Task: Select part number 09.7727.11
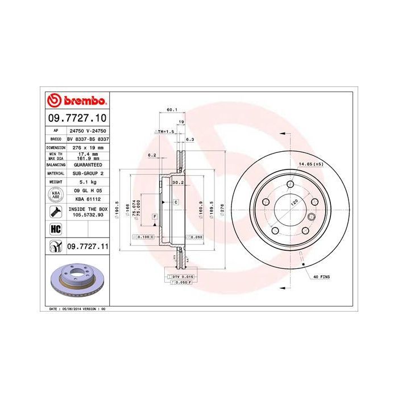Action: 87,246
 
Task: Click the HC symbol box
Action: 56,229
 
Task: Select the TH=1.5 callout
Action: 164,131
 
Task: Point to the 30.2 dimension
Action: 177,183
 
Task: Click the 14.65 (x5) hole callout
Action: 310,164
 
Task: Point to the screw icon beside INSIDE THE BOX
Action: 56,213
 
